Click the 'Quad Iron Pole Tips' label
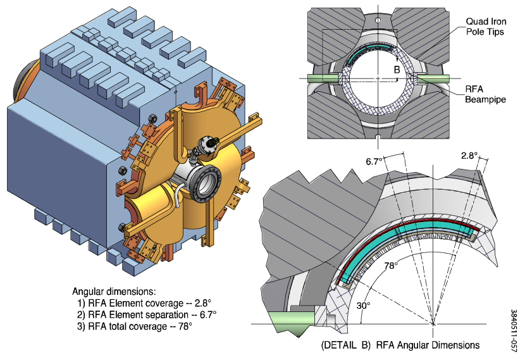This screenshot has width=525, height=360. click(x=486, y=27)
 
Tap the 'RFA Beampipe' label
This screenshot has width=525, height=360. click(x=485, y=94)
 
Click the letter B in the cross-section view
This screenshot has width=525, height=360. click(x=397, y=70)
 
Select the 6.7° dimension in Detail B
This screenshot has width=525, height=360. click(x=374, y=161)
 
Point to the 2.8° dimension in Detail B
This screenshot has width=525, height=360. click(x=469, y=156)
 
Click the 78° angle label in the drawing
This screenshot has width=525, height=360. click(x=391, y=266)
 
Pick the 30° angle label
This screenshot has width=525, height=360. click(x=363, y=306)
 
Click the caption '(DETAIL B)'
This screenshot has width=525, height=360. click(x=346, y=345)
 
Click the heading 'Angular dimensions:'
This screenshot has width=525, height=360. click(x=114, y=291)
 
